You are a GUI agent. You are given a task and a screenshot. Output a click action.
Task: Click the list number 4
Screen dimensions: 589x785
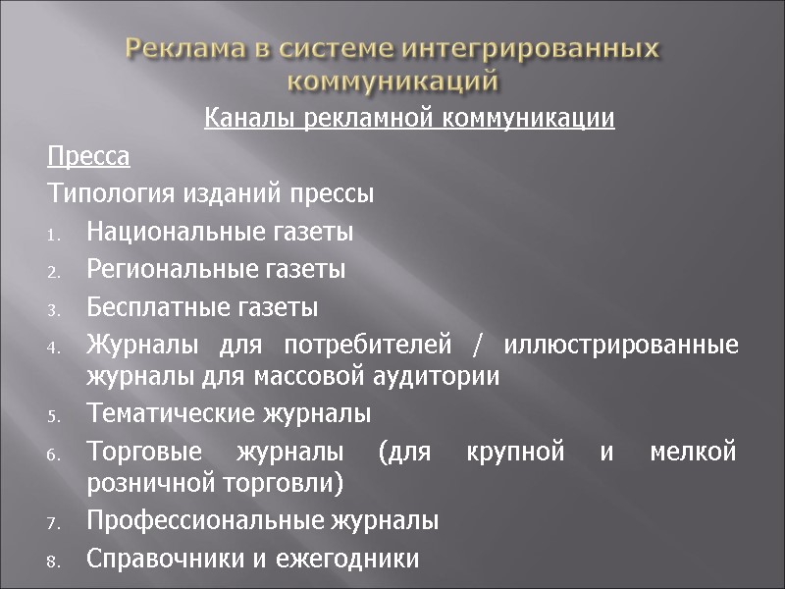tap(54, 348)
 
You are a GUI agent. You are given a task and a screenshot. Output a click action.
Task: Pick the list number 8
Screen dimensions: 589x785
tap(54, 562)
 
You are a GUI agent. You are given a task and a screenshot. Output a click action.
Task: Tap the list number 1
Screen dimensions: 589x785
tap(54, 235)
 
